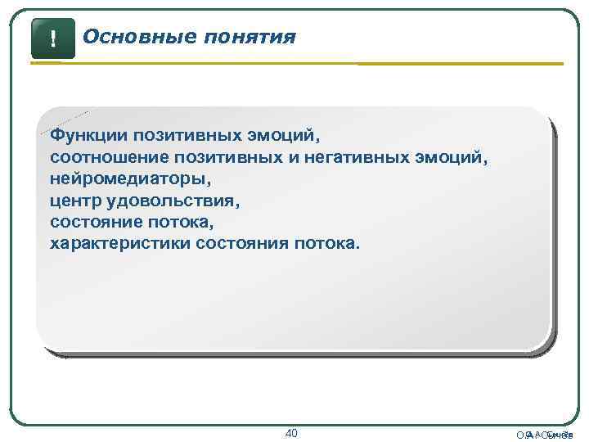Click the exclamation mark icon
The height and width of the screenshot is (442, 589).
point(52,38)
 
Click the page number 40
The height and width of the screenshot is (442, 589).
point(293,432)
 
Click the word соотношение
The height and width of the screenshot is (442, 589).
point(97,155)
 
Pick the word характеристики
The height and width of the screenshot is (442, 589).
point(119,243)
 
